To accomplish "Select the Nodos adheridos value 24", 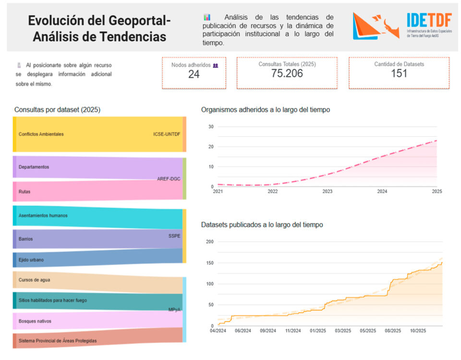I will (x=194, y=74).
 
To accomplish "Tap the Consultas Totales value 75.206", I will (x=287, y=73).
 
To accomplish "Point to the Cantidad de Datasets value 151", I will (x=399, y=73).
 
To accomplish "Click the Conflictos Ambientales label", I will (x=41, y=134).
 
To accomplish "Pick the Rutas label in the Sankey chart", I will (x=24, y=192).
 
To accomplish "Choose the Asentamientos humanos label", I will (x=43, y=216).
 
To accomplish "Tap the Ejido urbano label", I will (x=31, y=260).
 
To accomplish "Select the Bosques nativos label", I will (x=35, y=321).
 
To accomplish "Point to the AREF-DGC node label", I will (x=169, y=179).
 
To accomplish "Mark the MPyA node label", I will (x=174, y=310).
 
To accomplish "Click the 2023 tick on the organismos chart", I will (x=328, y=192).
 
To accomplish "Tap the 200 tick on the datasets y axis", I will (x=209, y=241).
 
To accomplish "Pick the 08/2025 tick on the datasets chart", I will (x=393, y=331).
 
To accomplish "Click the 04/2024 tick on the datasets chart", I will (x=218, y=331).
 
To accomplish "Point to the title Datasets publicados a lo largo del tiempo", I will (x=262, y=225).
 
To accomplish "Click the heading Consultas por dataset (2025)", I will (x=57, y=109).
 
